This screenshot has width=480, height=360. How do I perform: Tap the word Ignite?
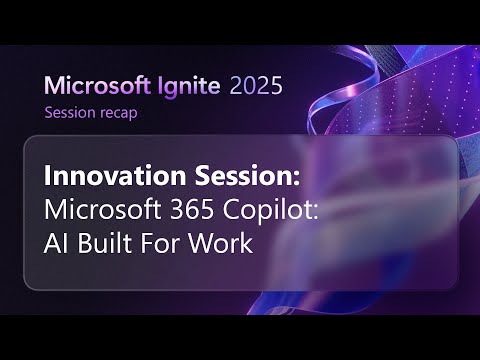click(186, 86)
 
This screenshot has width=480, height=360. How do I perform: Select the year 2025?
click(256, 86)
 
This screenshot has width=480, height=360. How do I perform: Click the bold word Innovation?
click(103, 176)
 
